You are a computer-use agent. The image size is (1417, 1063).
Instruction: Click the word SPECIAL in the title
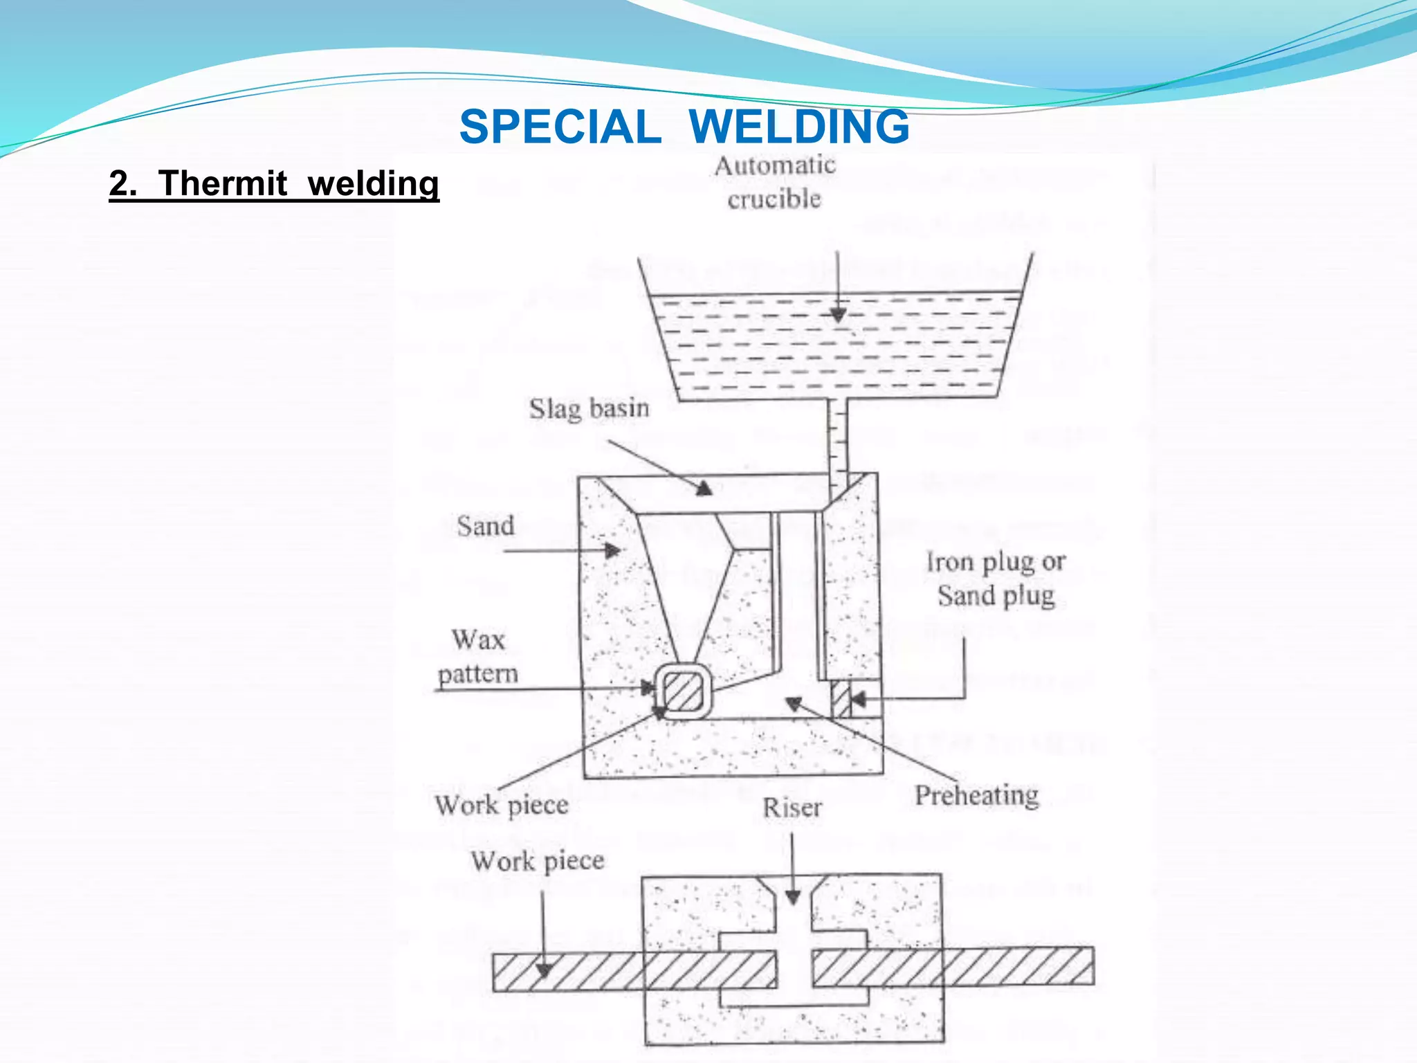pos(560,127)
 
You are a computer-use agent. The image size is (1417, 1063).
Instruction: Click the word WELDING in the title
pos(799,127)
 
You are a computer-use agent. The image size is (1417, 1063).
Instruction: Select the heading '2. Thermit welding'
pos(274,184)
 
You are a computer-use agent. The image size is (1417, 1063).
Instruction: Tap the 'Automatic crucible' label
pos(775,182)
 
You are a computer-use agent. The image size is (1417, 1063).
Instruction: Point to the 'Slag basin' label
pos(589,408)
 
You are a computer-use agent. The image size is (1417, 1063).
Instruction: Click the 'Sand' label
pos(486,526)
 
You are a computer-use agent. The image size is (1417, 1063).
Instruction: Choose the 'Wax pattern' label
pos(478,656)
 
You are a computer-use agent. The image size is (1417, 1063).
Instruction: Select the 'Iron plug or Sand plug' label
pos(996,579)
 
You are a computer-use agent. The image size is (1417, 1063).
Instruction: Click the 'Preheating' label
pos(977,795)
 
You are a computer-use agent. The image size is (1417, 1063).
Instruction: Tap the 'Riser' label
pos(792,808)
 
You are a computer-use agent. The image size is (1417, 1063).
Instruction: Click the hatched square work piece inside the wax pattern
pos(684,691)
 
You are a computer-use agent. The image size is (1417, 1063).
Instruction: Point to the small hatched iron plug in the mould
pos(841,699)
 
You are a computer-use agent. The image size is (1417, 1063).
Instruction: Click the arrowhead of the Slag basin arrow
pos(704,489)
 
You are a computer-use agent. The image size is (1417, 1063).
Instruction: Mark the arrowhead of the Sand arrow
pos(613,551)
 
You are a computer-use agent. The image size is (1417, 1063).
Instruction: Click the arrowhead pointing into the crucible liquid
pos(838,315)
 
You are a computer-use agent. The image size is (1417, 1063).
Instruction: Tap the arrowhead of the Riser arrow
pos(793,898)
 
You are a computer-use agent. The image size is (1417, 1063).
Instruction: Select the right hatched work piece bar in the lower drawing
pos(952,967)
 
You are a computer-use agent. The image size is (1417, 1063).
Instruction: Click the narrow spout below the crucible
pos(838,436)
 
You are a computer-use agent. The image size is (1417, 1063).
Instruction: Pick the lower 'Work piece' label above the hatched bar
pos(538,862)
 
